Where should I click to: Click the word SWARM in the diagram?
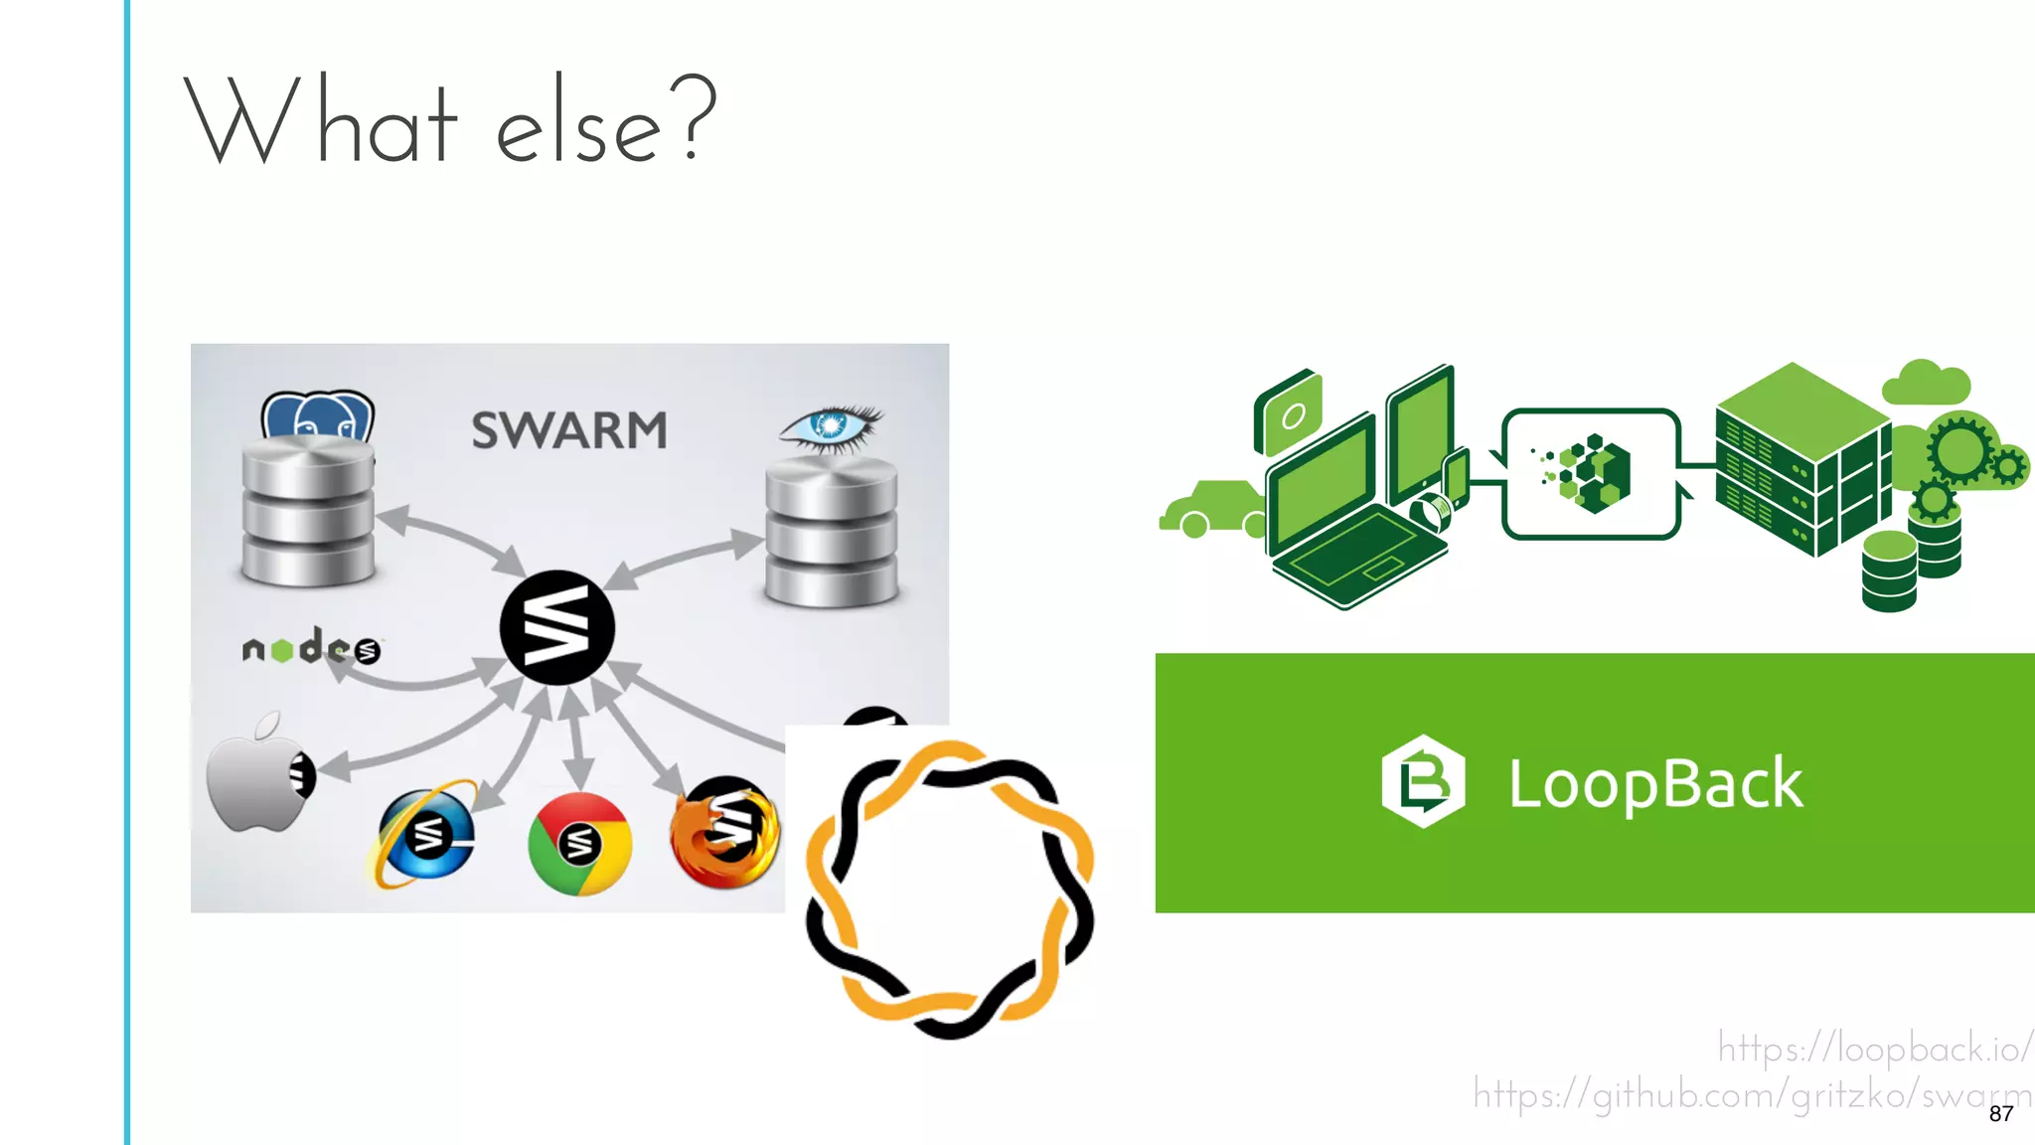[568, 430]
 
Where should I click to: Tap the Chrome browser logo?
[579, 844]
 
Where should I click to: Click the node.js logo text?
[310, 648]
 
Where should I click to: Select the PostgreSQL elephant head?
[317, 416]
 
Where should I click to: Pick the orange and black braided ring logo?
[949, 890]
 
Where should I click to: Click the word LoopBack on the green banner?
[1654, 784]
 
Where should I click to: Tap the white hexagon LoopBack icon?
[1423, 781]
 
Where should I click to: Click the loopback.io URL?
[1874, 1049]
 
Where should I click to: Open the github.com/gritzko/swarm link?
[1749, 1094]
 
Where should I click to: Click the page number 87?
[2000, 1114]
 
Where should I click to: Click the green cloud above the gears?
[1926, 383]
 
